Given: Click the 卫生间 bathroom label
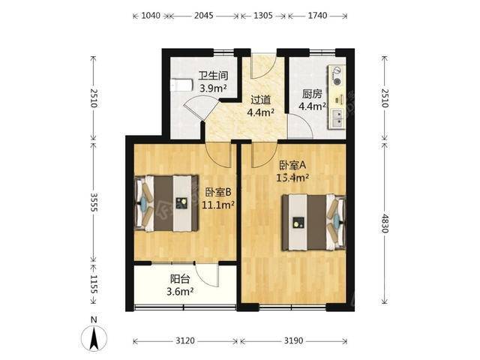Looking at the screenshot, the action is pos(213,75).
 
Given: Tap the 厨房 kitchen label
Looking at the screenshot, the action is pos(312,94).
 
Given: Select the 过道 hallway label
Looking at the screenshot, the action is pos(260,100).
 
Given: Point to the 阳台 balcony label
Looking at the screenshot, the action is pos(180,279).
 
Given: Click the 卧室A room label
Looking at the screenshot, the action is pos(292,165).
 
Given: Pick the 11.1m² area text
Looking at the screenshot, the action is pos(218,204).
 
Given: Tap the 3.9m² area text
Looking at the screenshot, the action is pos(213,88).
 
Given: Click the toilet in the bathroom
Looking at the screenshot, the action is pos(181,85).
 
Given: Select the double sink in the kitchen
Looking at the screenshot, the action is pos(337,118).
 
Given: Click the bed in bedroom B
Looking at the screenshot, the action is pos(166,203).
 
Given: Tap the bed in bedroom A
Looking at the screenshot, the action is pos(314,222).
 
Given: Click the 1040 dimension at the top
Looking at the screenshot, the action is pos(151,15).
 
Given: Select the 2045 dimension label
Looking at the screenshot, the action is pos(203,15).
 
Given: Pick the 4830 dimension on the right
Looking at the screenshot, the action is pos(385,223).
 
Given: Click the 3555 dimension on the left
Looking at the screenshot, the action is pos(94,202).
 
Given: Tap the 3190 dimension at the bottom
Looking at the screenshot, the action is pos(293,340).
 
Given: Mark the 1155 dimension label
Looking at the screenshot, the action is pos(94,285).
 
